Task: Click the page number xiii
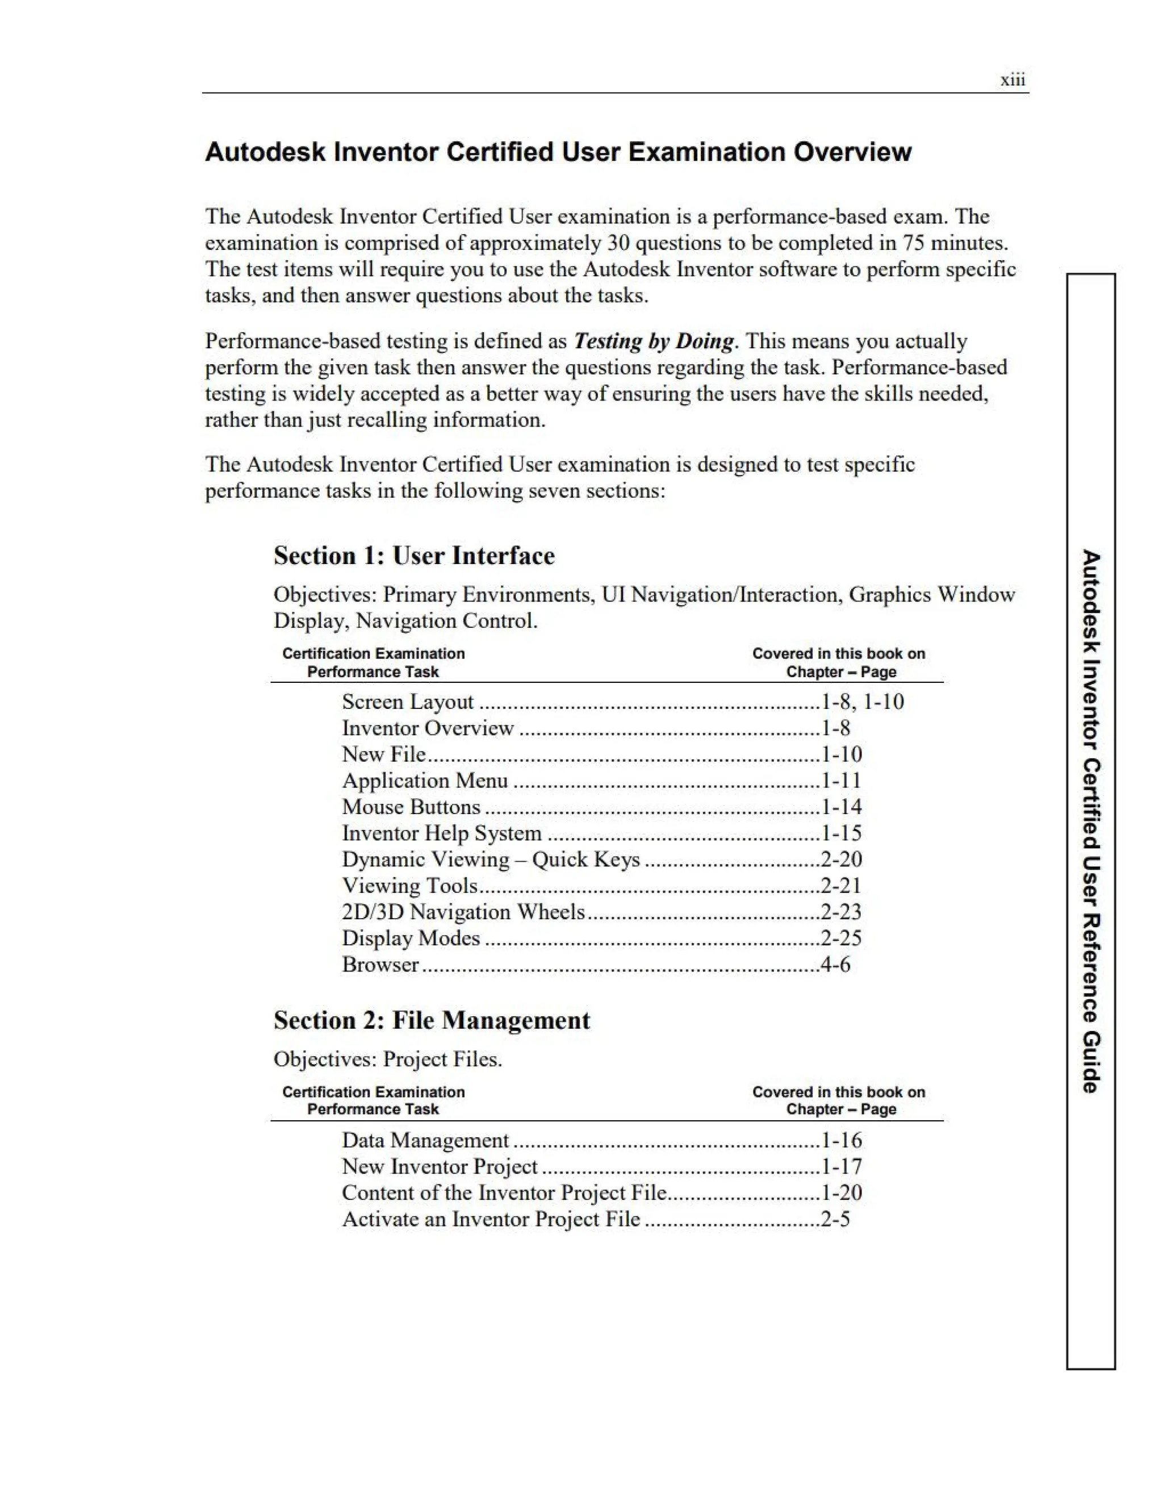[1012, 80]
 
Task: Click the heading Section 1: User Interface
[413, 556]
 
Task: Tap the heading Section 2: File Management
[432, 1020]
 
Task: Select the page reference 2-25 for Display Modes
[841, 938]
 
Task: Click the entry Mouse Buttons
[411, 807]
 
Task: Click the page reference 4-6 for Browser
[835, 965]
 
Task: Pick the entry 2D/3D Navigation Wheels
[463, 912]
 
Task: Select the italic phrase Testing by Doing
[654, 341]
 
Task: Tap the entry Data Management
[425, 1141]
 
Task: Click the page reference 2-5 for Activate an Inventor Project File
[835, 1219]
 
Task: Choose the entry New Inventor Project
[439, 1167]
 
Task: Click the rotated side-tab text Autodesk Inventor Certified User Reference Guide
[1091, 820]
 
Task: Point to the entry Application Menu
[425, 781]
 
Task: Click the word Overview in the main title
[852, 152]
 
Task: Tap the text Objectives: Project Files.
[387, 1059]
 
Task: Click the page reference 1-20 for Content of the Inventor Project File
[841, 1193]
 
